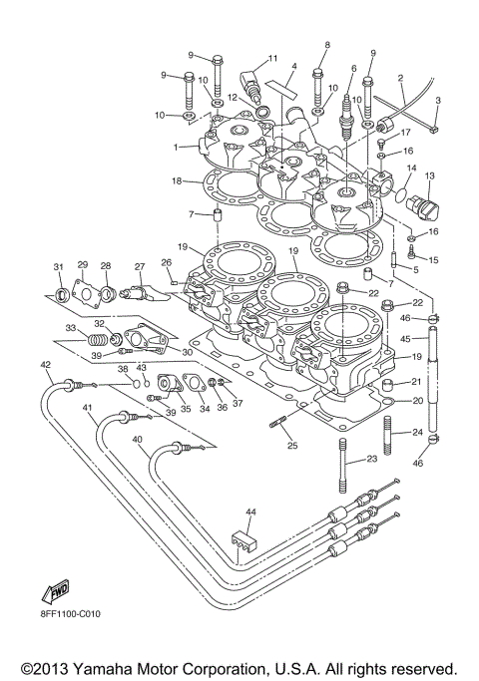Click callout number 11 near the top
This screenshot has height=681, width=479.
(x=271, y=61)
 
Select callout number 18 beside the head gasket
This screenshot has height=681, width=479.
(x=176, y=180)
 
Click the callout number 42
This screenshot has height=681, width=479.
(x=46, y=366)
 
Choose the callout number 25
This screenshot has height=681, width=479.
(x=291, y=445)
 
